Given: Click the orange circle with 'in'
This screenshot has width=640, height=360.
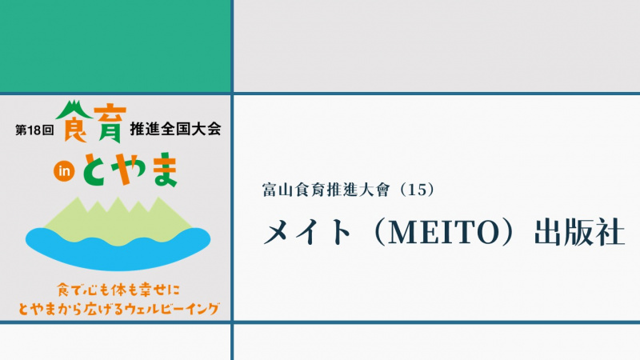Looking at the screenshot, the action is (64, 171).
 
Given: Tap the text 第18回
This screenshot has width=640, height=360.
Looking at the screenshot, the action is (34, 130).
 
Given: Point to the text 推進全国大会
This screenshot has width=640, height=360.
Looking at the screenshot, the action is (175, 129).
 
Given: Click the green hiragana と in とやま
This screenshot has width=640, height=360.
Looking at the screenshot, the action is (96, 170).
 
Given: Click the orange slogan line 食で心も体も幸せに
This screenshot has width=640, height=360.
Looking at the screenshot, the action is (118, 290).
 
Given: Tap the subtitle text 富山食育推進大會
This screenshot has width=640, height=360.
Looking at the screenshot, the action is (326, 190).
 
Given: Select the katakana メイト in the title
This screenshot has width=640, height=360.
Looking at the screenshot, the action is (307, 232).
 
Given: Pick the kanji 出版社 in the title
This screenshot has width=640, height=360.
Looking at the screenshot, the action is (579, 232).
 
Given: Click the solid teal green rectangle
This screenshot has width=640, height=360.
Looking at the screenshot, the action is (115, 46).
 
